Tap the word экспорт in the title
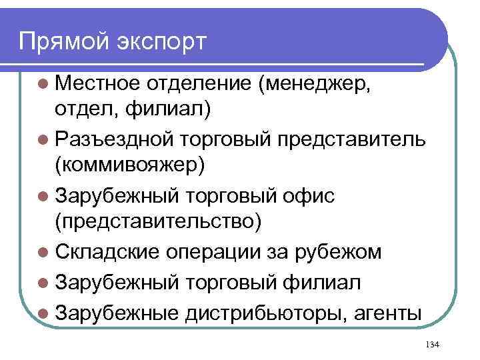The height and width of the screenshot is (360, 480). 163,41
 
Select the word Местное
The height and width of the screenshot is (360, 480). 97,85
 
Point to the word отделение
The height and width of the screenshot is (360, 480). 201,85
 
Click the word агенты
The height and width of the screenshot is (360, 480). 386,312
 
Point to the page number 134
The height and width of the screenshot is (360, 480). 431,344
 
